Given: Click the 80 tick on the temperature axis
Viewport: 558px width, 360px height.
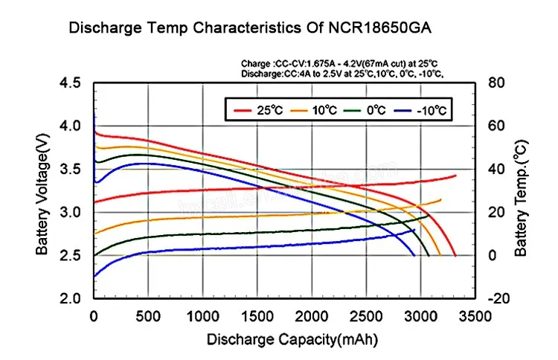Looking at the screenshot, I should point(497,83).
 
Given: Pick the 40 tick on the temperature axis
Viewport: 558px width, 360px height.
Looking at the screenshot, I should point(497,169).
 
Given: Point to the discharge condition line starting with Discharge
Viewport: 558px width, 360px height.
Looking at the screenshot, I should point(342,74).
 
